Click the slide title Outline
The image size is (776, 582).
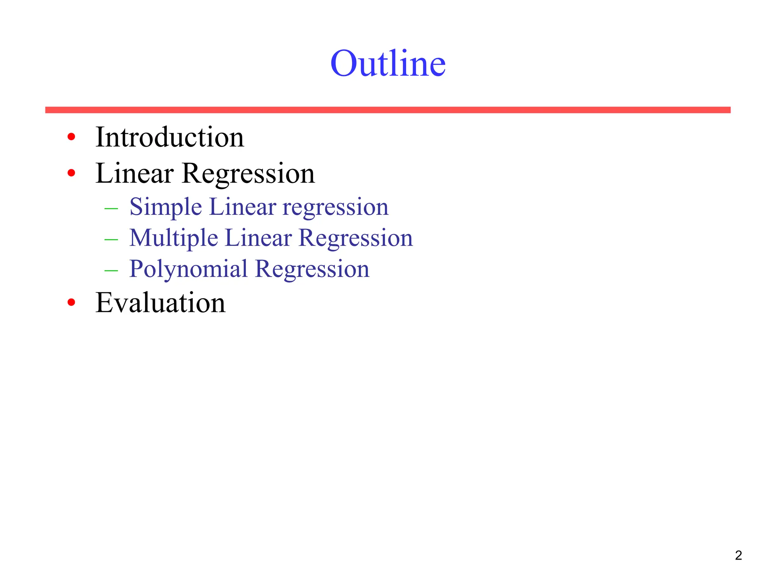click(388, 63)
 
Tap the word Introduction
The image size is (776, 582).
click(169, 137)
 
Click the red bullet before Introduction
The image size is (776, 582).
click(71, 137)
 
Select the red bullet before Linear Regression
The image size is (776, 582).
click(71, 173)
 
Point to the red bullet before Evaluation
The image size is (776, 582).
click(71, 302)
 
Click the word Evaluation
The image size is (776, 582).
click(160, 303)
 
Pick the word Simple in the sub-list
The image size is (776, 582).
click(166, 207)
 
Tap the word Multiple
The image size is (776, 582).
click(174, 238)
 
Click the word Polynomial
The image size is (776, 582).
click(188, 269)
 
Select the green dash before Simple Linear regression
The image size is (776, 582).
click(111, 208)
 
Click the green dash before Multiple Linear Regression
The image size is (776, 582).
click(111, 239)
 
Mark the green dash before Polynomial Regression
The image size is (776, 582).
click(111, 271)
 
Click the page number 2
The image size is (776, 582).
click(738, 555)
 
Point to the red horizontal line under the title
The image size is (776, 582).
click(388, 110)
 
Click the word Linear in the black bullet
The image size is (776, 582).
click(135, 174)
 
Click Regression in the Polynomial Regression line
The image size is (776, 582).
click(312, 269)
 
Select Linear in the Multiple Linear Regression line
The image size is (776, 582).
click(258, 238)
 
